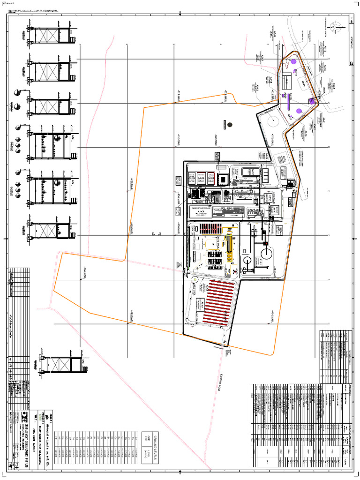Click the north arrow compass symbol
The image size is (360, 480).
click(332, 27)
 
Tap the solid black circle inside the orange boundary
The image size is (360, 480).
click(230, 124)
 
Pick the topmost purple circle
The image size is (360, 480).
click(293, 61)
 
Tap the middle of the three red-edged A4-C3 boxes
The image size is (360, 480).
click(201, 178)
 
